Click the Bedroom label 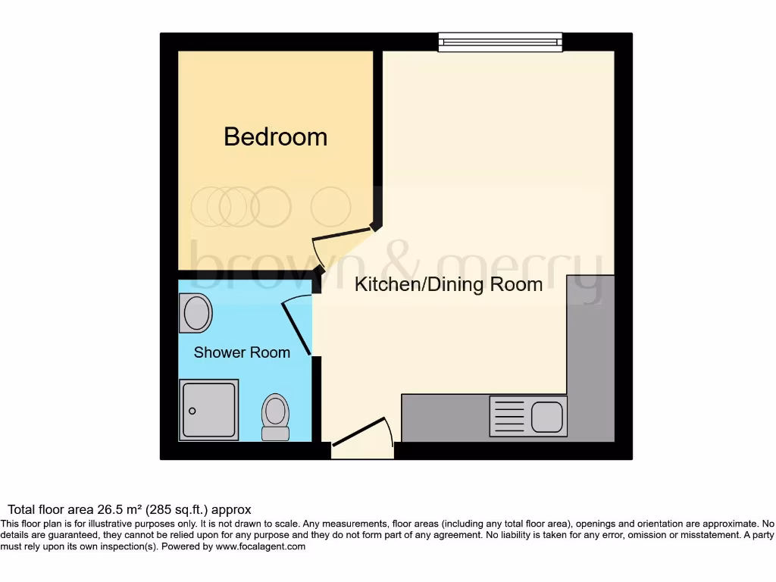click(x=275, y=136)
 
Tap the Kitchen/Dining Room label click(x=449, y=285)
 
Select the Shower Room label click(x=242, y=352)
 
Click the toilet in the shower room click(x=275, y=412)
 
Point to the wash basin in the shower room click(x=196, y=312)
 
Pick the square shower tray click(x=208, y=410)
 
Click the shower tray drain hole click(x=192, y=411)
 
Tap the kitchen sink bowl click(x=546, y=416)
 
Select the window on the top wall click(x=500, y=42)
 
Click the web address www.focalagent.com click(x=260, y=546)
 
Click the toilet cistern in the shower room click(x=275, y=433)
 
